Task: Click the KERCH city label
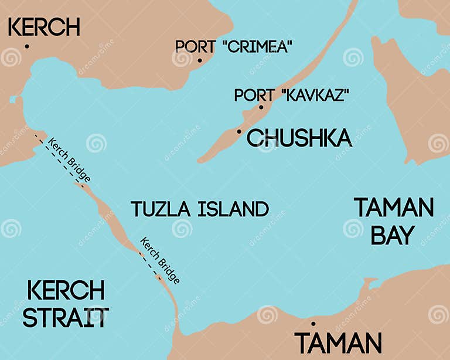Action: (x=44, y=27)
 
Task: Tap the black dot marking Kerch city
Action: (x=27, y=46)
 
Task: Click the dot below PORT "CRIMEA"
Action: (x=199, y=60)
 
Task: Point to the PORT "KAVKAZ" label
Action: (x=291, y=95)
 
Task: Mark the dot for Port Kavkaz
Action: (x=261, y=107)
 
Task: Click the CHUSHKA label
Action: (x=299, y=138)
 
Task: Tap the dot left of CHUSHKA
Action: (x=239, y=131)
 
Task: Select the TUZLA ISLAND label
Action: (x=200, y=209)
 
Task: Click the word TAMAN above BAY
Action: (x=394, y=208)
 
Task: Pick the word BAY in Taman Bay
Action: (x=393, y=235)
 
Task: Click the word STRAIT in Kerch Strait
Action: (x=66, y=317)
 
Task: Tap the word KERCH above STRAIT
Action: (x=66, y=290)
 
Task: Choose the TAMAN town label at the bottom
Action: (x=338, y=343)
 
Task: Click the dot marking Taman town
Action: (x=313, y=324)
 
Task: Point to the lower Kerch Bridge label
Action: (x=159, y=260)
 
